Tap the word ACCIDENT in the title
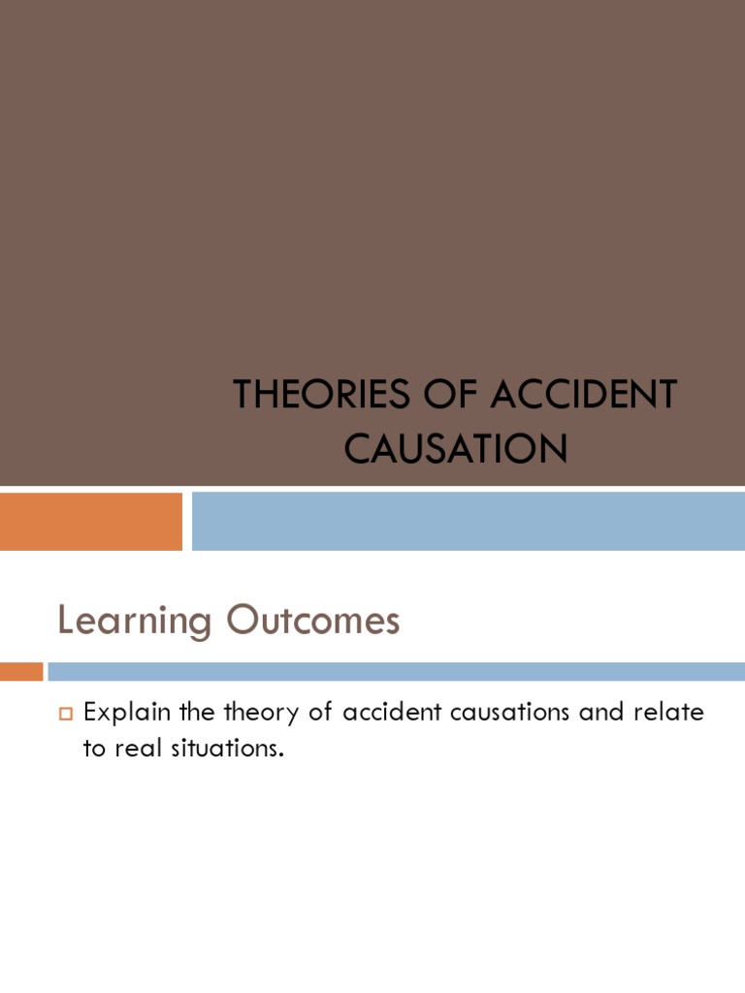[582, 396]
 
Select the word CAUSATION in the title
[456, 448]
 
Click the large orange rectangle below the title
[91, 521]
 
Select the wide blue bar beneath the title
[468, 521]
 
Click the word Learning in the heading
[134, 622]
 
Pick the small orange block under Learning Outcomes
[21, 671]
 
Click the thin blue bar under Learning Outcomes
[396, 671]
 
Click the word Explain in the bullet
[126, 714]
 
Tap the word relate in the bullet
[670, 713]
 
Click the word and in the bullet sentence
[600, 713]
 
